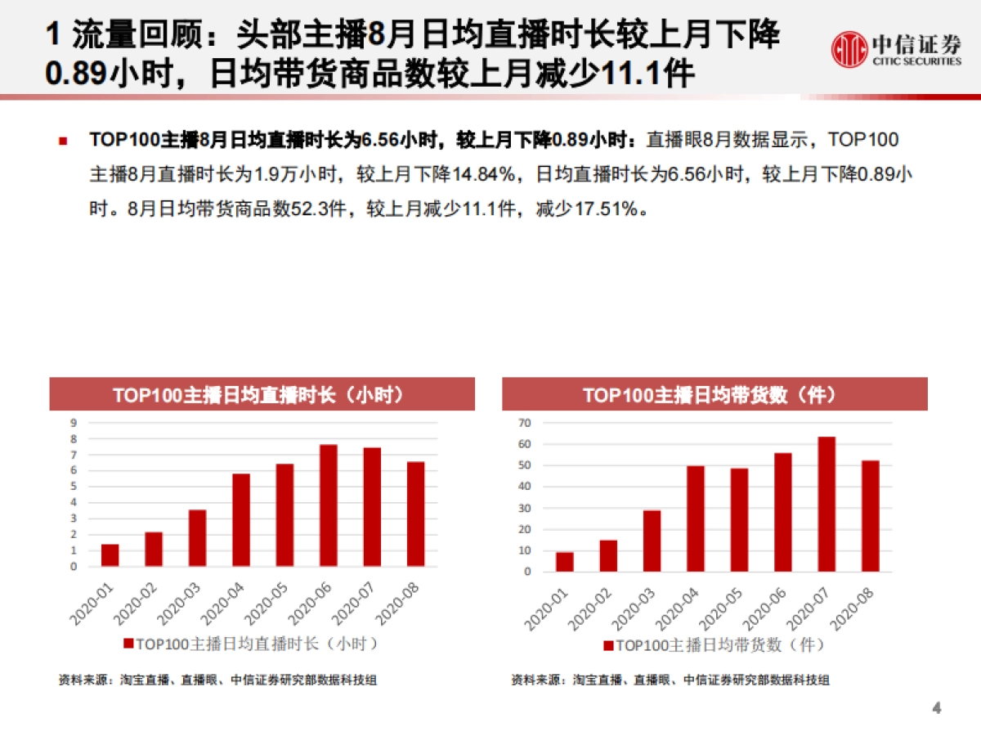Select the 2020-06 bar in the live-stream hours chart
328,505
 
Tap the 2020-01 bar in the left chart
110,555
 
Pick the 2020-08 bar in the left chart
416,514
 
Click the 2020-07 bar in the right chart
826,504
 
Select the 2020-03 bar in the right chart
652,541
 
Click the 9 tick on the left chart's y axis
73,423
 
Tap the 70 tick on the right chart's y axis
525,423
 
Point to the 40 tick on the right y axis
525,487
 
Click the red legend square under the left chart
128,644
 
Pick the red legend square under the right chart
607,646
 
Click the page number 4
937,708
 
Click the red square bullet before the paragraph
62,141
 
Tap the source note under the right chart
670,680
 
